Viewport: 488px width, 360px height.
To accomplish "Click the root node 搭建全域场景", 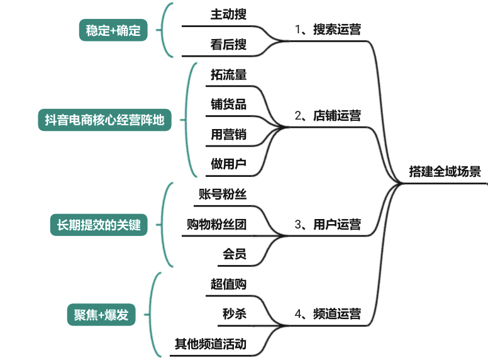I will [445, 172].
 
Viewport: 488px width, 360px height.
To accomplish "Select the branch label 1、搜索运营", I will [328, 29].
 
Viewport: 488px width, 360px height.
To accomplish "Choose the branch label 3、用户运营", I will [328, 224].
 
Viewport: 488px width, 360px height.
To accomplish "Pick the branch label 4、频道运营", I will [328, 314].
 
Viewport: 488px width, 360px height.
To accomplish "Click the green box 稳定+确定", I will [113, 30].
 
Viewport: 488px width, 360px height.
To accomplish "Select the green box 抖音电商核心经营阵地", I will [104, 120].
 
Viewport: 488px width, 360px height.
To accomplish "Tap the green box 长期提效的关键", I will [99, 225].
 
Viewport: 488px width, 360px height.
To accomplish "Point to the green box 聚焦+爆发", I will [97, 315].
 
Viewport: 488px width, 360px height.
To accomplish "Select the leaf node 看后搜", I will [228, 44].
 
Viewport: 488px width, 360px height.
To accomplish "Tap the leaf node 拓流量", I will [228, 74].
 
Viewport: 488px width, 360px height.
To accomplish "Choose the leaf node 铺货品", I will [228, 104].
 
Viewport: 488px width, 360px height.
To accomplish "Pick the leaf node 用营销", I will [228, 134].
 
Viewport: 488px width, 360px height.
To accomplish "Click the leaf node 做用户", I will [228, 164].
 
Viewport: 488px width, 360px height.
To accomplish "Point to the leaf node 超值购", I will [228, 284].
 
